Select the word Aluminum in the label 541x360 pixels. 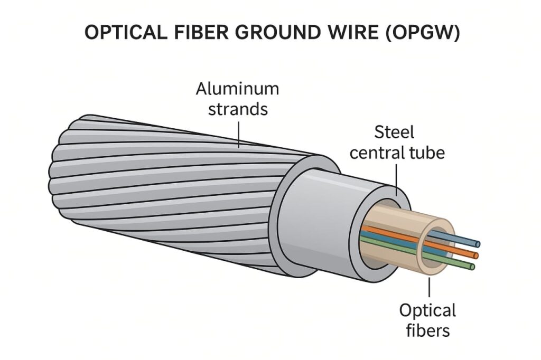(237, 89)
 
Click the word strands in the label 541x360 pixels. (237, 109)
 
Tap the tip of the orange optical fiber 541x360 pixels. (475, 255)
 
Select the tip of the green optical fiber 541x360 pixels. (472, 267)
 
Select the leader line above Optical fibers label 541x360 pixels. (428, 288)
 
